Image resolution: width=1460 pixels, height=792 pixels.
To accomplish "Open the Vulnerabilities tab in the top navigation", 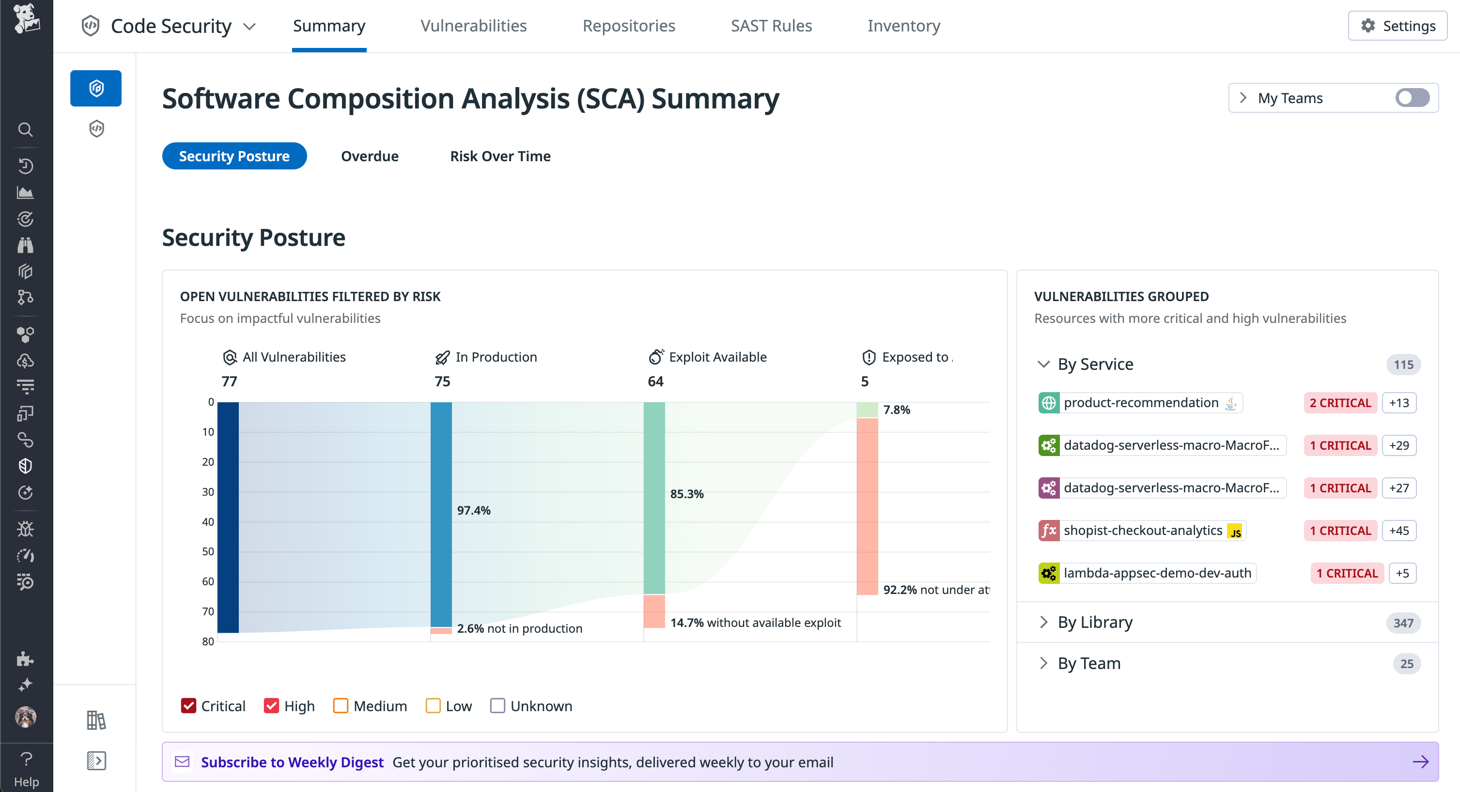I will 473,26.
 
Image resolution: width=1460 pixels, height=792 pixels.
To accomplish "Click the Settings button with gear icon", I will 1397,26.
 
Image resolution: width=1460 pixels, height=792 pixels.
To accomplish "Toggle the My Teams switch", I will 1412,98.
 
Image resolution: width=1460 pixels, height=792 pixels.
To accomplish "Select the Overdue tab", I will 370,156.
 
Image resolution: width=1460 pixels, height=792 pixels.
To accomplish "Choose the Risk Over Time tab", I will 500,156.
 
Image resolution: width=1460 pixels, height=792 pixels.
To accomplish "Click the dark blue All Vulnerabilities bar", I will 228,517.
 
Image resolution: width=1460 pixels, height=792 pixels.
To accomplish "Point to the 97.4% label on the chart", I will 474,510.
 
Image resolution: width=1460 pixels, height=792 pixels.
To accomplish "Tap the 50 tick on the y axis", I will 208,551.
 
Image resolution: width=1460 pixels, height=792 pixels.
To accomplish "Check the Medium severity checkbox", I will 341,706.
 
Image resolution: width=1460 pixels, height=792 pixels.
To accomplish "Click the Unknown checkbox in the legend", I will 497,706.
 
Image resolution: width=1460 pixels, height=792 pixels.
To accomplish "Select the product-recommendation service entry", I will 1140,403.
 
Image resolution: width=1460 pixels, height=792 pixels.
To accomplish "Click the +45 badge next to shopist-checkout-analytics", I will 1399,531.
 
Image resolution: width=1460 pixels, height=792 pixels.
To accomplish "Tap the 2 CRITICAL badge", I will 1340,403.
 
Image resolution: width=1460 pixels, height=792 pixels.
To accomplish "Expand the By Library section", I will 1094,622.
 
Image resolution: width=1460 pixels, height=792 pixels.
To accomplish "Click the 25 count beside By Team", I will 1406,663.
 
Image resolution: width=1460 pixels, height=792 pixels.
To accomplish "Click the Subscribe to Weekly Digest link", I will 292,762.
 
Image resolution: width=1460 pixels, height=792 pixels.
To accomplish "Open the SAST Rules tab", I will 771,26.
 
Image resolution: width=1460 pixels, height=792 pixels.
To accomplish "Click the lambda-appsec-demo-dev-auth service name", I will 1157,573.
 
